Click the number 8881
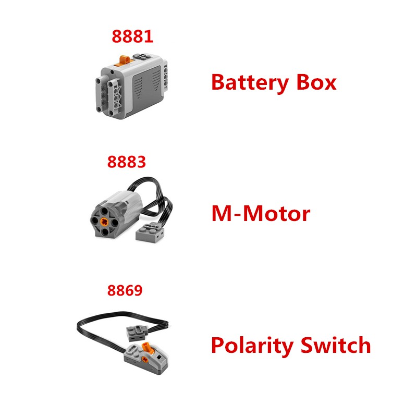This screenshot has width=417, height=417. (x=132, y=36)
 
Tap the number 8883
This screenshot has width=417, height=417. (x=127, y=162)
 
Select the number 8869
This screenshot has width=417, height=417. (x=125, y=290)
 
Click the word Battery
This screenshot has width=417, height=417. (x=250, y=83)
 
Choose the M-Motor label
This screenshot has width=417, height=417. (x=261, y=213)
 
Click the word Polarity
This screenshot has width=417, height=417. (x=252, y=346)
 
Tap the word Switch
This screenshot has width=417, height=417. (x=336, y=345)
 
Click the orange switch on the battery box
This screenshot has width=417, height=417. (x=124, y=60)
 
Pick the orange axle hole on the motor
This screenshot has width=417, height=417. (x=104, y=220)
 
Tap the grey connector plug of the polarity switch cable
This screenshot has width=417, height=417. (x=137, y=333)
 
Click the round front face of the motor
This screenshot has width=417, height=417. (x=104, y=220)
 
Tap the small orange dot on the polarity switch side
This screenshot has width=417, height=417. (x=145, y=359)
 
